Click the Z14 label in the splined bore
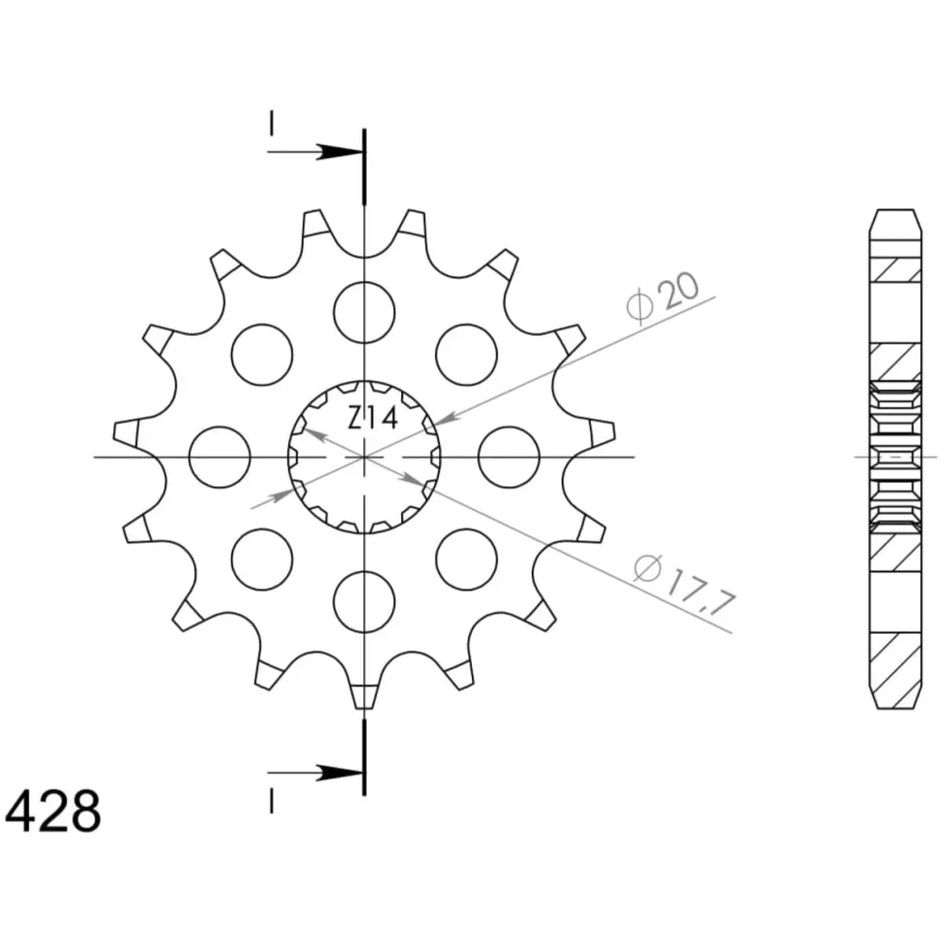[x=372, y=418]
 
